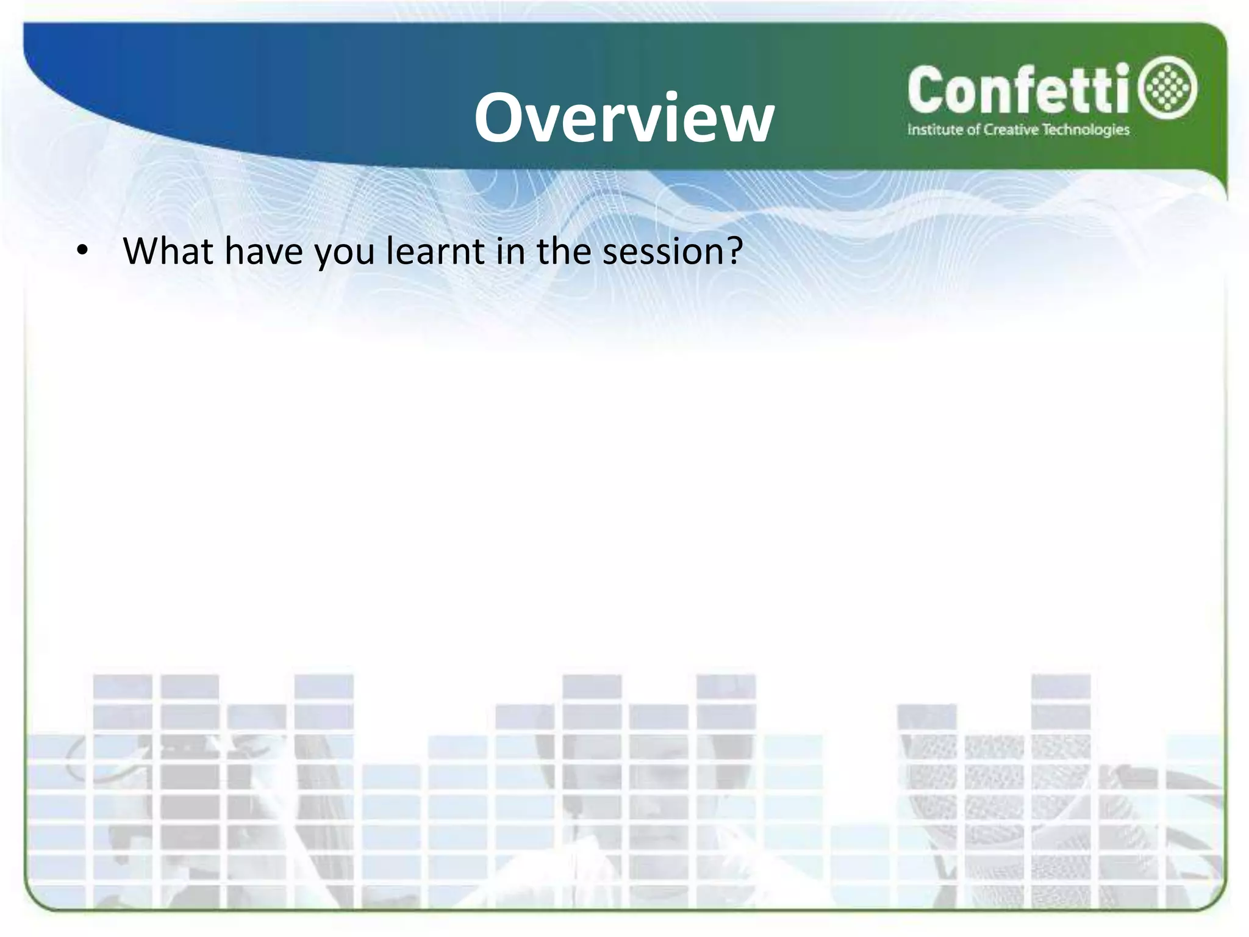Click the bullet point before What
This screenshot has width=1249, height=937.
[x=82, y=251]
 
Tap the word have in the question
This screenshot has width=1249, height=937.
[x=263, y=251]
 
